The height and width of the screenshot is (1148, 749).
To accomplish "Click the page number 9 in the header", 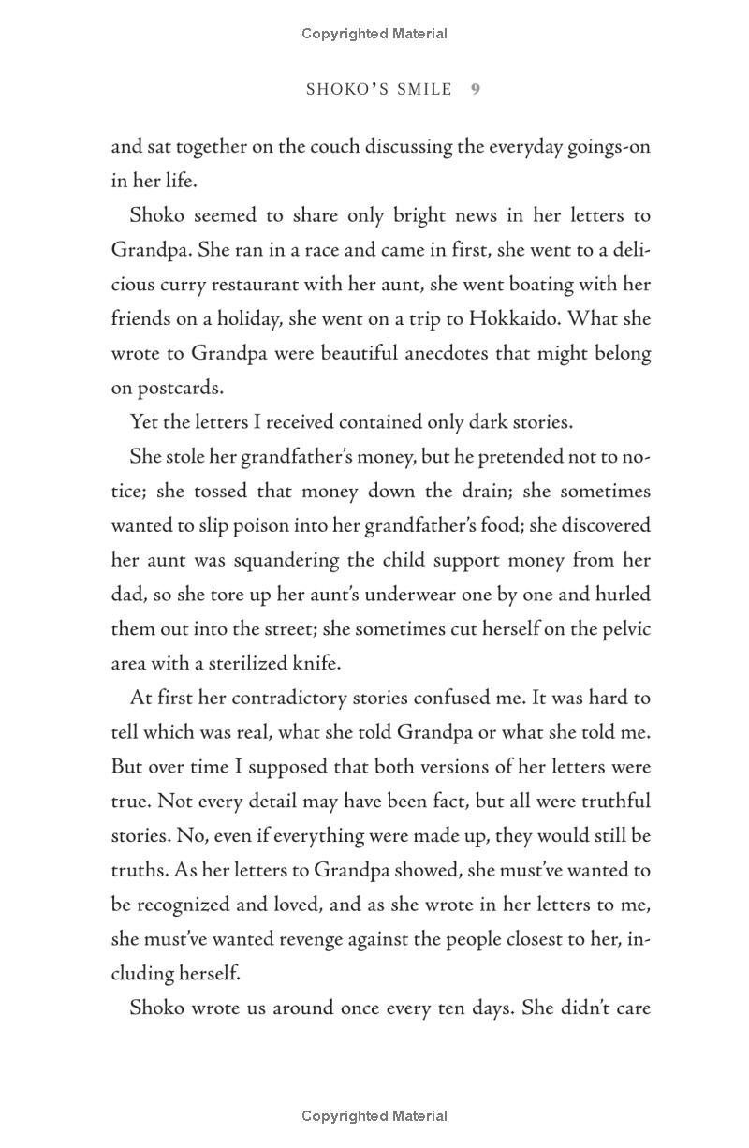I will [476, 89].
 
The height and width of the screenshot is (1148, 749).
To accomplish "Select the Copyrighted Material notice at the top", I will [374, 34].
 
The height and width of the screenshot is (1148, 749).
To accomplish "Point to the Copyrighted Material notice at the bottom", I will [374, 1116].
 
